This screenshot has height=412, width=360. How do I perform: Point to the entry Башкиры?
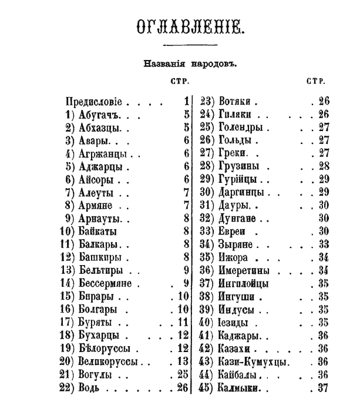[x=100, y=257]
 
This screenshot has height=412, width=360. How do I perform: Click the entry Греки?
[x=233, y=153]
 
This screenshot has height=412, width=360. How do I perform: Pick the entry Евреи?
[x=233, y=231]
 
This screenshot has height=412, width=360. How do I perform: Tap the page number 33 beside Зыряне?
[x=322, y=244]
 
